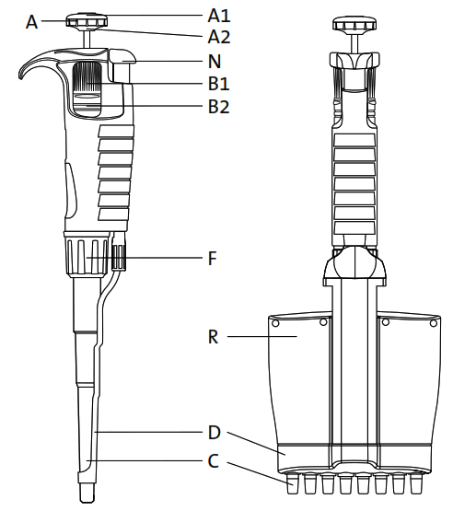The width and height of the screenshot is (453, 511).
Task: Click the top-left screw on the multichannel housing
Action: [x=275, y=322]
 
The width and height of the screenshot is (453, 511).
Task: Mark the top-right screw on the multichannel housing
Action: [x=433, y=322]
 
